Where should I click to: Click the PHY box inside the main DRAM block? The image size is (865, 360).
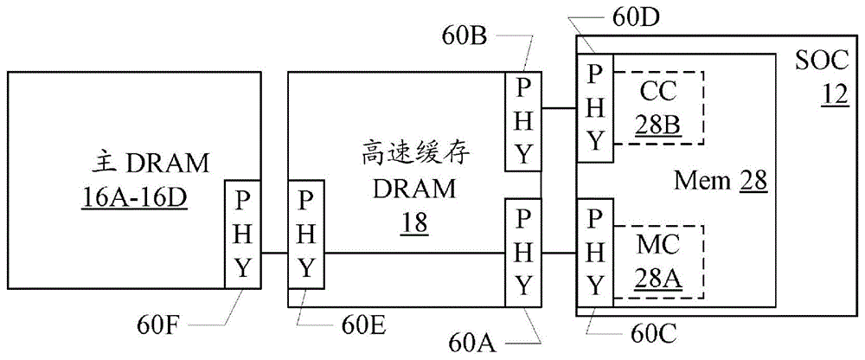click(241, 233)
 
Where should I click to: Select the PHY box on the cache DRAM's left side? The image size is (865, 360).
click(306, 233)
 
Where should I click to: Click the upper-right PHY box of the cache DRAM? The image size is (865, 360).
click(523, 120)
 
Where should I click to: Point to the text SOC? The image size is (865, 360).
click(823, 61)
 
